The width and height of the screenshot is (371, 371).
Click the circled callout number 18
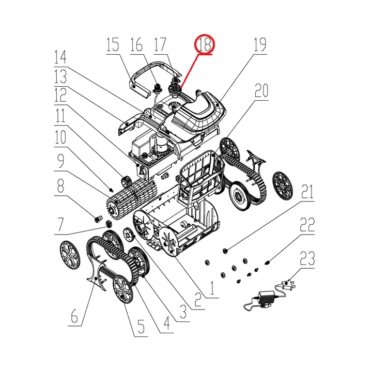(205, 44)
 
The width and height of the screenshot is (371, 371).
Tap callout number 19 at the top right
(260, 44)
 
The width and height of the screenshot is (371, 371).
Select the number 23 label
(307, 258)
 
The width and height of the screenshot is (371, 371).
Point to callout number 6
(74, 316)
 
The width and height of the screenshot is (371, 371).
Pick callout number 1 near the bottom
(212, 288)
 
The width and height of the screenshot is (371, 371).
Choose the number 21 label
(307, 192)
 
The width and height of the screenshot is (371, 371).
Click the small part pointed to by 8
(99, 219)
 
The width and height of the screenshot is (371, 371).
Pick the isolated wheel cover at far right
(283, 186)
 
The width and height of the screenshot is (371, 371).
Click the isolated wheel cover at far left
(70, 255)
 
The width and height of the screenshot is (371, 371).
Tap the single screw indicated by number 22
(267, 262)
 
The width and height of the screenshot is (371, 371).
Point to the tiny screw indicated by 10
(111, 189)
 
